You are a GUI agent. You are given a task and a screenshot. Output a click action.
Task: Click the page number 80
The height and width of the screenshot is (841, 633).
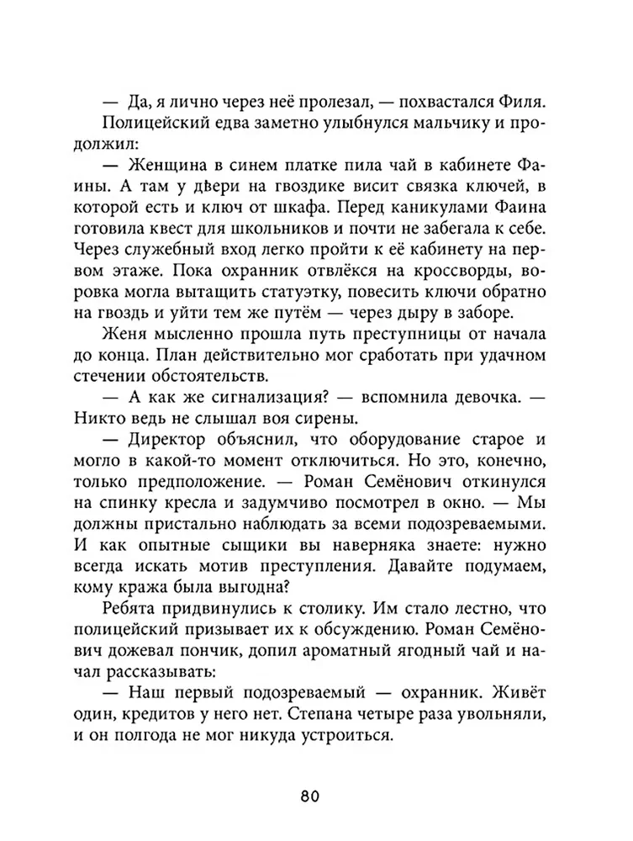pos(316,795)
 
